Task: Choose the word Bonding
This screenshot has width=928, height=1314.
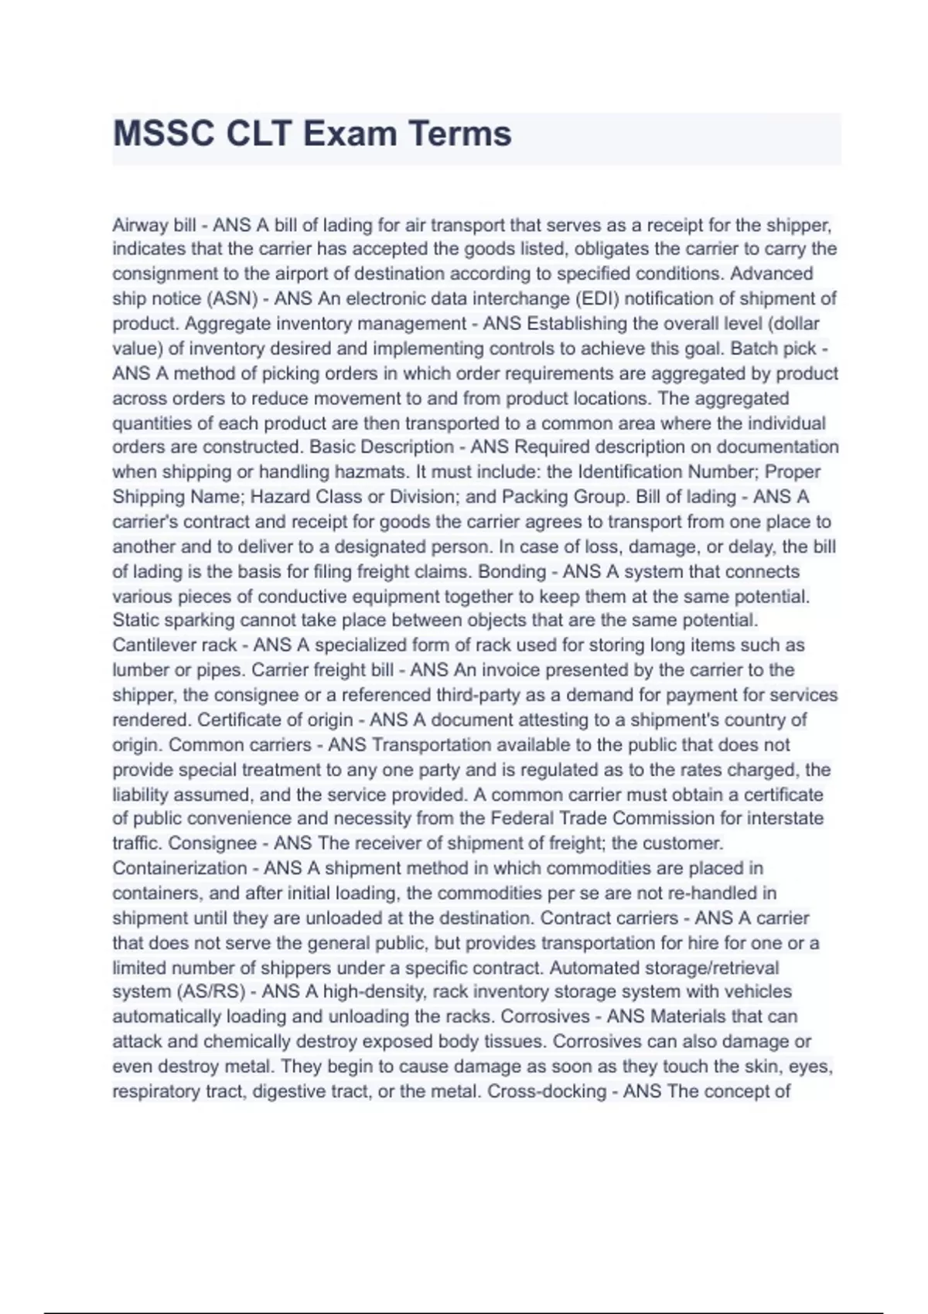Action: coord(513,572)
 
